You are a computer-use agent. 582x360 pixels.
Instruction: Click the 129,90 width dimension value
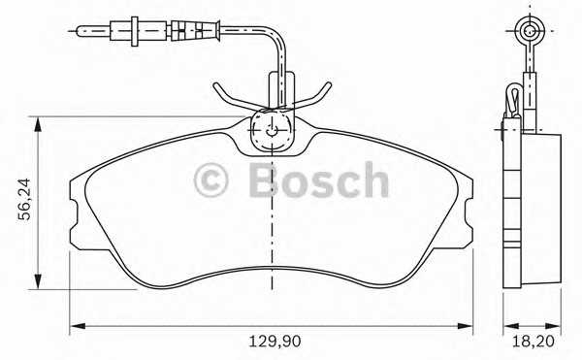tap(273, 341)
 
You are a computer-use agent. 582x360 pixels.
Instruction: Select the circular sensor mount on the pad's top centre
tap(275, 130)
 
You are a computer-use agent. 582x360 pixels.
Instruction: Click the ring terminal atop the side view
tap(530, 32)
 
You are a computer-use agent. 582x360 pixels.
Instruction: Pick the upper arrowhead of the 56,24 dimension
tap(38, 121)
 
